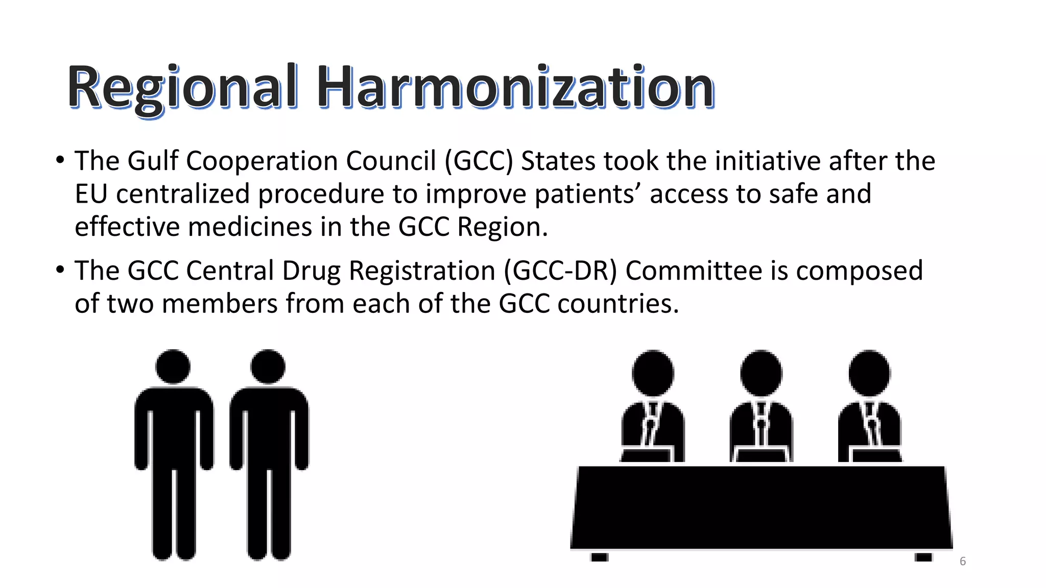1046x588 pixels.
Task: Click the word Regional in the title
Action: [x=182, y=88]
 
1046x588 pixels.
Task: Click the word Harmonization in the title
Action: [x=515, y=88]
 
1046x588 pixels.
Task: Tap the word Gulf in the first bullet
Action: [x=153, y=161]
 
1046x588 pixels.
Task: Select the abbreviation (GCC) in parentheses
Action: [x=479, y=161]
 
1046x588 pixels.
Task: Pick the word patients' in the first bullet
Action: [x=588, y=194]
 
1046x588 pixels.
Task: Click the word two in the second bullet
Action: [x=130, y=304]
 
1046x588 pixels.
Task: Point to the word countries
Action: [x=618, y=304]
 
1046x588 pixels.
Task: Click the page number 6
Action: [x=962, y=561]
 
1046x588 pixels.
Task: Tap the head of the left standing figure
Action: [x=173, y=366]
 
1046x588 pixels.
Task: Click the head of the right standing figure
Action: [x=268, y=366]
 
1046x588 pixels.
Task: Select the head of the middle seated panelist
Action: [x=761, y=373]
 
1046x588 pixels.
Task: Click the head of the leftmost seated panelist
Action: [x=653, y=373]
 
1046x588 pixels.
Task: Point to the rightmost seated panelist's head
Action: [x=869, y=373]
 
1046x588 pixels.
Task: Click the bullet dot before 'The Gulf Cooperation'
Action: [x=60, y=160]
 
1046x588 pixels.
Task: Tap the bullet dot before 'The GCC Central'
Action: [x=60, y=269]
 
